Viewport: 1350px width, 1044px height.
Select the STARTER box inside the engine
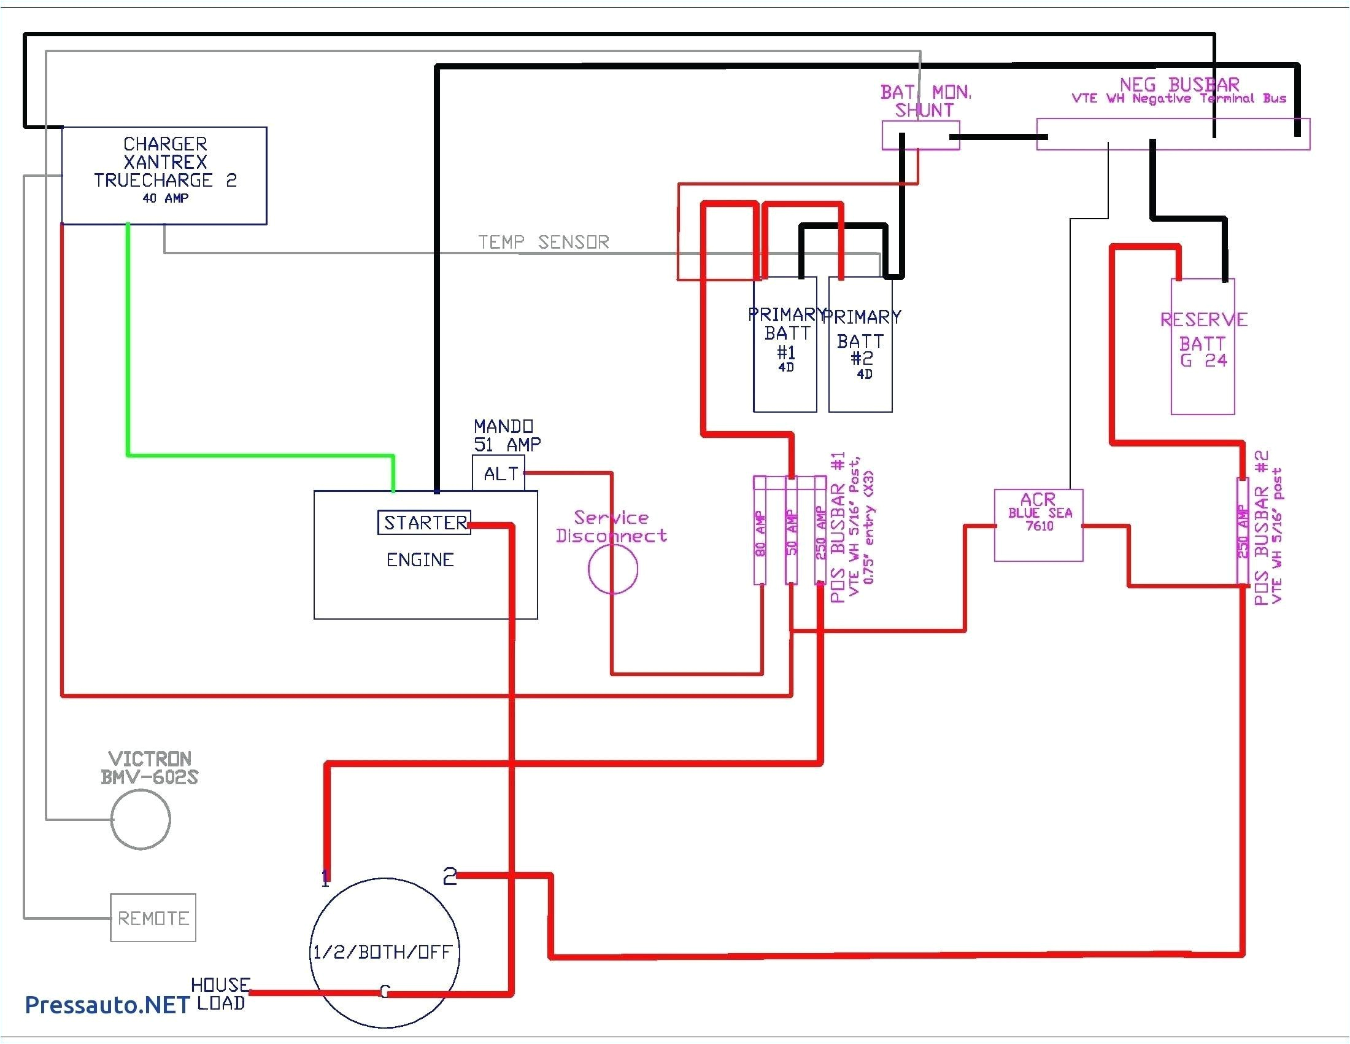click(425, 523)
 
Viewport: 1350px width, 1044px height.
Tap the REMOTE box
click(153, 918)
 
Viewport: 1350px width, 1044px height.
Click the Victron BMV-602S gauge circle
click(141, 819)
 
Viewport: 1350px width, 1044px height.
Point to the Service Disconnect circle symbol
click(612, 569)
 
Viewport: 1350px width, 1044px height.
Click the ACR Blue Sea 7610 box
click(1038, 525)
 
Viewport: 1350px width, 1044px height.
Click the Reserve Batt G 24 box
click(1203, 346)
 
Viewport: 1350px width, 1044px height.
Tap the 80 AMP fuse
click(760, 531)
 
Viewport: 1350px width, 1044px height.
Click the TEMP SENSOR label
click(543, 242)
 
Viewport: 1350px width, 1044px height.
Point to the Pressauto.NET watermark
click(106, 1005)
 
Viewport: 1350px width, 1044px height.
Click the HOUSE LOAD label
click(221, 994)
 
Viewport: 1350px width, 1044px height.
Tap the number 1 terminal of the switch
click(325, 878)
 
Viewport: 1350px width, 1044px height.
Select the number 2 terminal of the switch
click(449, 876)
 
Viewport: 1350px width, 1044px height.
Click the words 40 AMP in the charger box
click(165, 198)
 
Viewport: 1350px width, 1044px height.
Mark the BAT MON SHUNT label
click(925, 101)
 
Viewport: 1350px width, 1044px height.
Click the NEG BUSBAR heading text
click(1179, 84)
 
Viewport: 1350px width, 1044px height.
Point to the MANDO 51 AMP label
click(507, 435)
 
